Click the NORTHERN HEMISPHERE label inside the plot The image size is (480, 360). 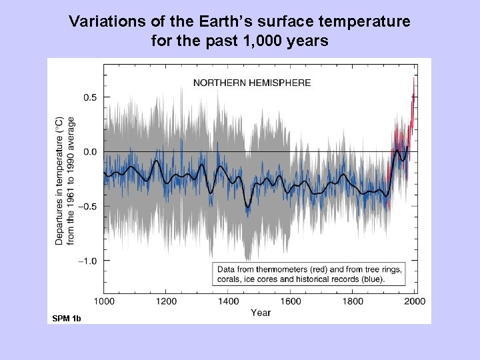pyautogui.click(x=251, y=83)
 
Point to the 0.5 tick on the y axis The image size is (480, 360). pyautogui.click(x=89, y=97)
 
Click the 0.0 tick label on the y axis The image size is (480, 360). pyautogui.click(x=89, y=152)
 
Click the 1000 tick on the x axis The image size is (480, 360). pyautogui.click(x=103, y=301)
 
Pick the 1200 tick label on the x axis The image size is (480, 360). pyautogui.click(x=166, y=301)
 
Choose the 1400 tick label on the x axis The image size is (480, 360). pyautogui.click(x=229, y=301)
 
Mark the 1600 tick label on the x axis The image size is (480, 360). pyautogui.click(x=291, y=301)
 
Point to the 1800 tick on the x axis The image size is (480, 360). pyautogui.click(x=353, y=301)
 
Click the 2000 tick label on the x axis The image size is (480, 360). pyautogui.click(x=415, y=301)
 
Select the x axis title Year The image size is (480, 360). pyautogui.click(x=261, y=313)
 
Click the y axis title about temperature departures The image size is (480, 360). pyautogui.click(x=65, y=180)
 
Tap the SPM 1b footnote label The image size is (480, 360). pyautogui.click(x=67, y=319)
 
